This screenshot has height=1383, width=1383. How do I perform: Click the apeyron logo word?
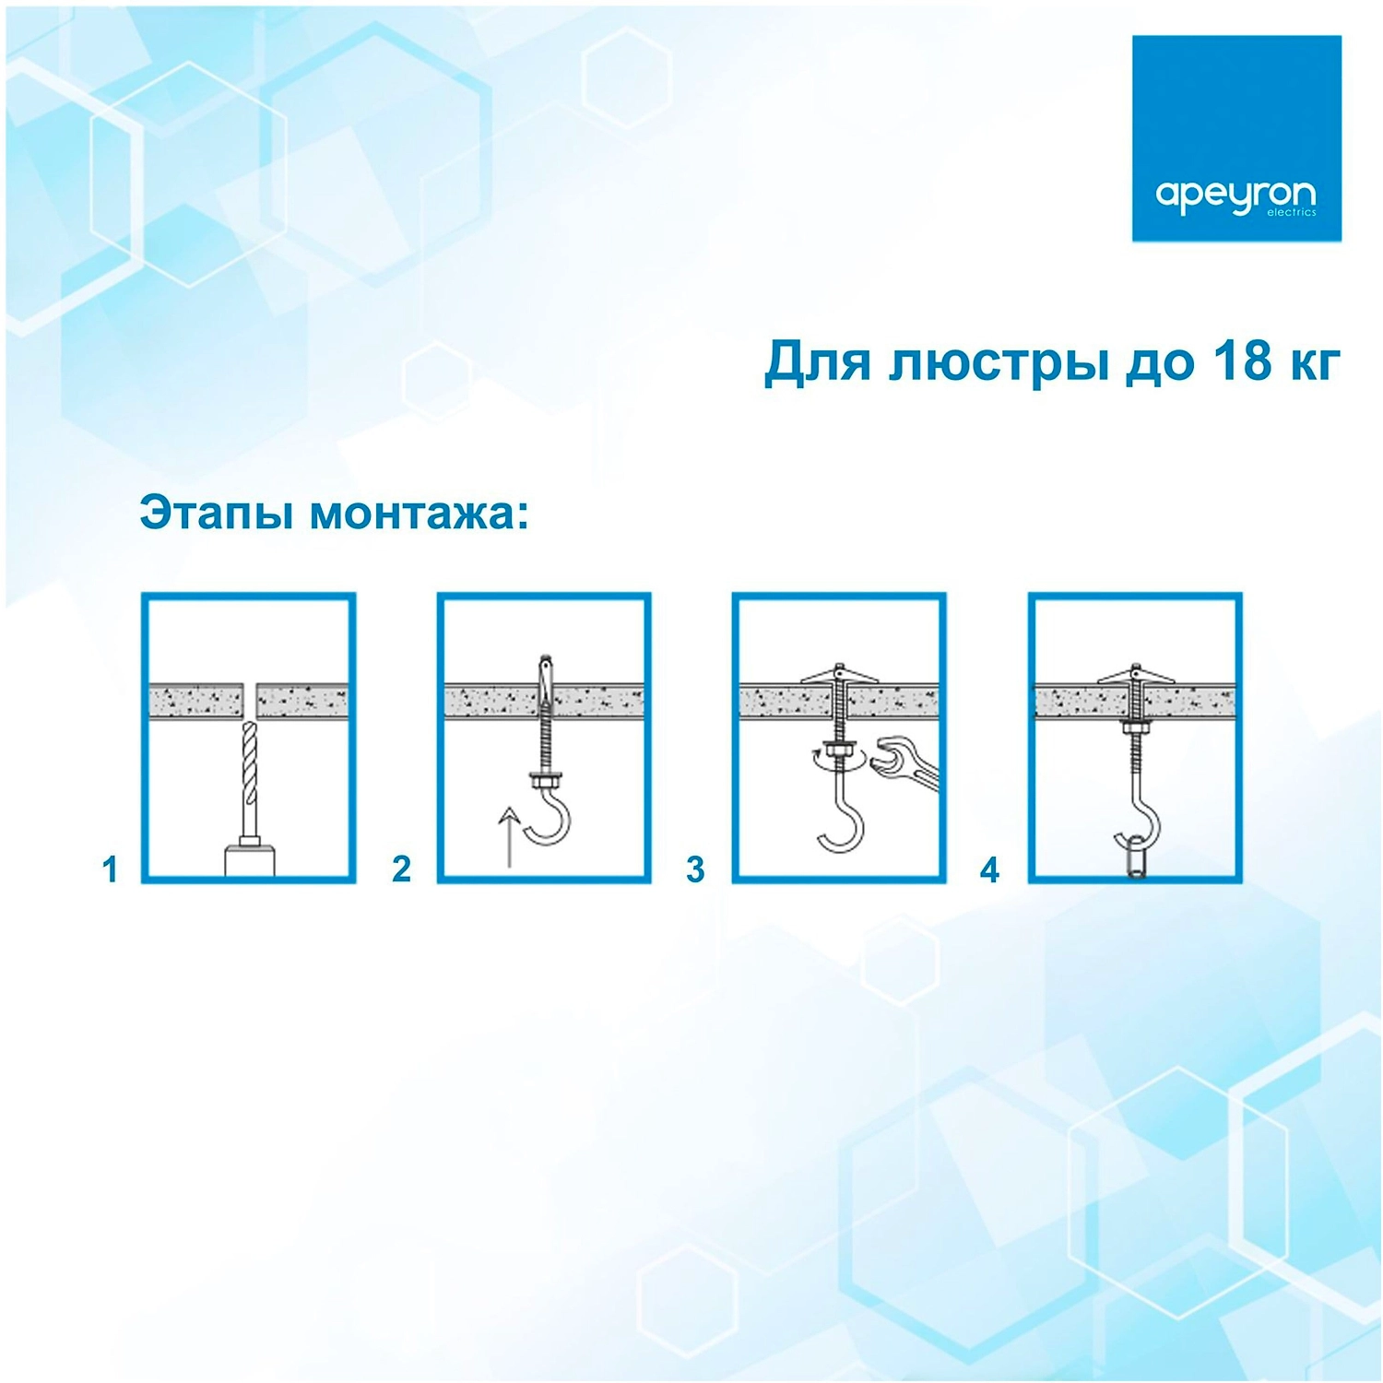(x=1235, y=195)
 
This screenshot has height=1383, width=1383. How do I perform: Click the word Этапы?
(x=219, y=513)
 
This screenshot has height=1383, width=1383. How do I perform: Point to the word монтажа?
(x=420, y=514)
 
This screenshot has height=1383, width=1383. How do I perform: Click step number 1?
(x=111, y=869)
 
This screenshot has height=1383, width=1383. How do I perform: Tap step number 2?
(x=401, y=869)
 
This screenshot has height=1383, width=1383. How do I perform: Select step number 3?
(x=695, y=869)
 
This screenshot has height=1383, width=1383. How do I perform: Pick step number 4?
(x=989, y=869)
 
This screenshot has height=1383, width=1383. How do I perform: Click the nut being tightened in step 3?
(x=840, y=753)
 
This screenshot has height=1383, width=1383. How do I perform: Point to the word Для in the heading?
(x=817, y=361)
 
